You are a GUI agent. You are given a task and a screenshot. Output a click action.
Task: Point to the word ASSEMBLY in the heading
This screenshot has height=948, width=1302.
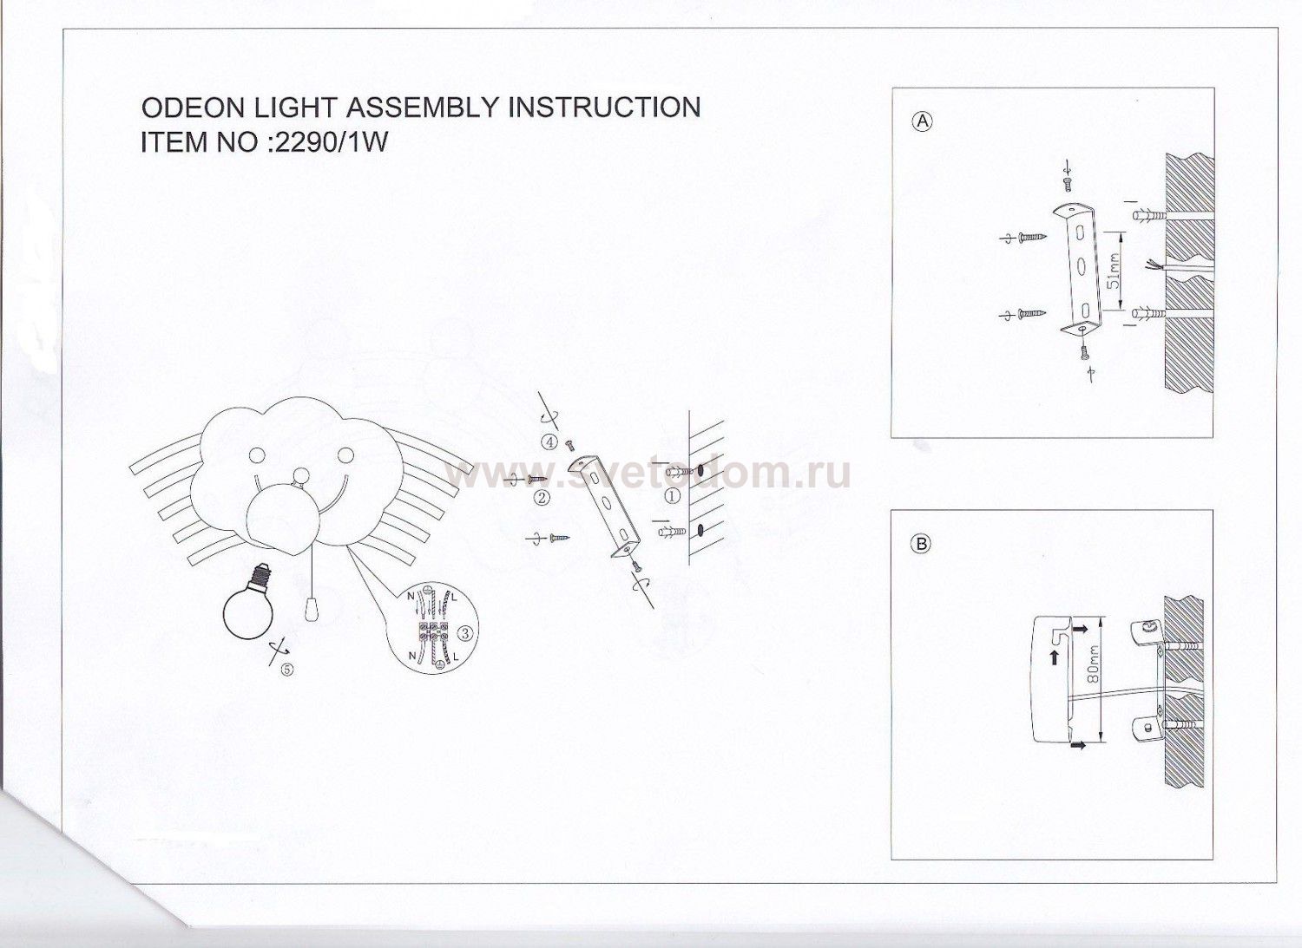[424, 108]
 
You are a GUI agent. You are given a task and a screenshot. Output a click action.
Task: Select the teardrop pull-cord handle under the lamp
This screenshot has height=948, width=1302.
[311, 610]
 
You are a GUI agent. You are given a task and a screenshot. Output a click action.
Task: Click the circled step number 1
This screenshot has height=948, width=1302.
[673, 496]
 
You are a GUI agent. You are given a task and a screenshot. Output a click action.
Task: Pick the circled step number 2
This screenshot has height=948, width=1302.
[542, 498]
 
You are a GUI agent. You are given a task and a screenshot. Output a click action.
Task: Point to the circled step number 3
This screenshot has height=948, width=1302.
[465, 633]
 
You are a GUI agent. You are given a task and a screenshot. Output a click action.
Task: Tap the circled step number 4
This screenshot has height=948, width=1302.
[549, 442]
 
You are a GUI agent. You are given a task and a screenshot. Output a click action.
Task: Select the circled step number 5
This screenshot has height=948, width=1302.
[286, 670]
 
